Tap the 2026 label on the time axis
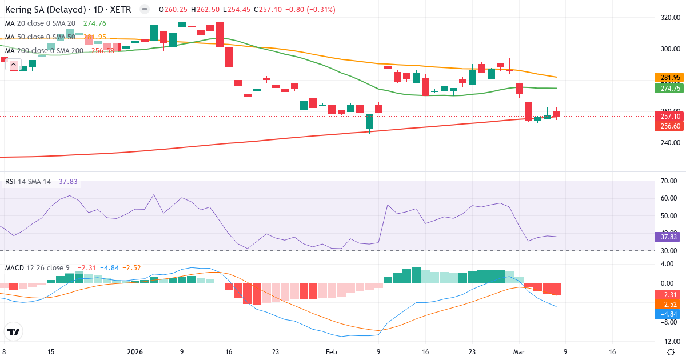(x=135, y=351)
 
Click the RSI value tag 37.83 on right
(x=667, y=237)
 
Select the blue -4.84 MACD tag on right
(x=667, y=314)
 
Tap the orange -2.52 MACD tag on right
(x=667, y=304)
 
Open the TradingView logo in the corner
(x=14, y=331)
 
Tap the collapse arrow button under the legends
(x=13, y=65)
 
